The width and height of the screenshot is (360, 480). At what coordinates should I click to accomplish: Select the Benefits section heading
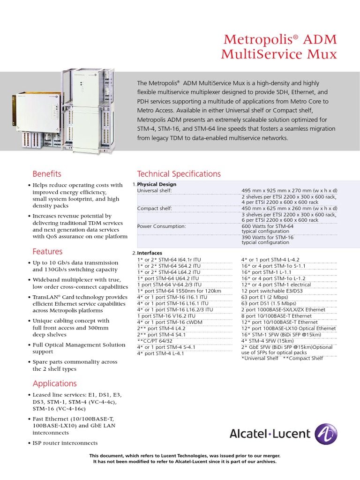coord(46,174)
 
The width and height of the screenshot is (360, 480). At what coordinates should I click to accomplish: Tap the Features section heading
coord(47,252)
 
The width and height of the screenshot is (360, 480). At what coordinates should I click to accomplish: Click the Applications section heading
coord(54,383)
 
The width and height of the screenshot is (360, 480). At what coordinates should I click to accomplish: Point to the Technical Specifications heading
coord(179,174)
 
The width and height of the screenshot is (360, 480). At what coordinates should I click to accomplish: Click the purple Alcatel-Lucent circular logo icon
coord(325,434)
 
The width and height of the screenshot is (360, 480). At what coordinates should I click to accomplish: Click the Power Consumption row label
coord(161,226)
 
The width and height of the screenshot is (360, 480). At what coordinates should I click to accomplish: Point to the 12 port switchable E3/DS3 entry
coord(273,291)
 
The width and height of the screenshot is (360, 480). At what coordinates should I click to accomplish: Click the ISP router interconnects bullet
coord(65,443)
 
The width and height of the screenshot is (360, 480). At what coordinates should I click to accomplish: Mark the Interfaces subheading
coord(151,253)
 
